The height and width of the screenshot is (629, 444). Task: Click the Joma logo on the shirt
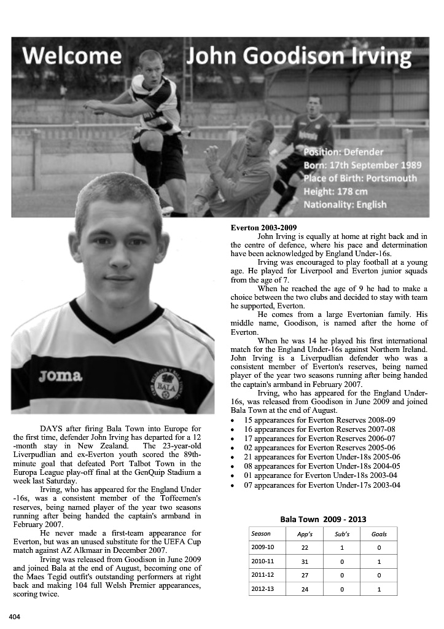(60, 375)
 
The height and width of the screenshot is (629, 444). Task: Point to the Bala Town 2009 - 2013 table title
(323, 519)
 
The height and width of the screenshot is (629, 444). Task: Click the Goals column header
(379, 534)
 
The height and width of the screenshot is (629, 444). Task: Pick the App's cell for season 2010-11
(305, 561)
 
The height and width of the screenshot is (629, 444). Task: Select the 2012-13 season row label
(263, 588)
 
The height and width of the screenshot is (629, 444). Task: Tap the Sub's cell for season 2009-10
(342, 547)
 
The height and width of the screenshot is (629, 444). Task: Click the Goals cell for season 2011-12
(379, 575)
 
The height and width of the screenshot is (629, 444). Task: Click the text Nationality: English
(345, 205)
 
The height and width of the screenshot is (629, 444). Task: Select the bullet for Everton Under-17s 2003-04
(322, 485)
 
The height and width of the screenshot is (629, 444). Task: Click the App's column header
(305, 534)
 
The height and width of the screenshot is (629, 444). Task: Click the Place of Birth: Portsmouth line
(360, 178)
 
